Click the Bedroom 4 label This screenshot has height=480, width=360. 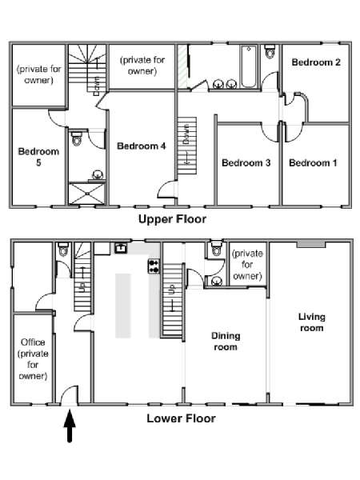pos(142,146)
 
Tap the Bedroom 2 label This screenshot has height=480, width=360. pos(316,62)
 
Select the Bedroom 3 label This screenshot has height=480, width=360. pos(246,163)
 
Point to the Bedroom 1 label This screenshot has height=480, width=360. pos(313,163)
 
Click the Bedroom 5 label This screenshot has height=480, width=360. pos(38,157)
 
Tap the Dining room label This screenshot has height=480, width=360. pos(226,342)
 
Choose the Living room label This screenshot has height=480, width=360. pos(312,322)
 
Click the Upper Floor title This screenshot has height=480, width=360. pos(172,219)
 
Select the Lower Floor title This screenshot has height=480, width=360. pos(182,418)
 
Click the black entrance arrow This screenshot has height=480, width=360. pos(70,426)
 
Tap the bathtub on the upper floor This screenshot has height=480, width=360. pos(249,66)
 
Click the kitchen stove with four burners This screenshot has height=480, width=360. pos(154,266)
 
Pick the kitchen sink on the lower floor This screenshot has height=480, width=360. pos(121,248)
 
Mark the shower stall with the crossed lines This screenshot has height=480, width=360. pos(87,194)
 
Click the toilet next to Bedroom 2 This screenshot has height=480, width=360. pos(270,51)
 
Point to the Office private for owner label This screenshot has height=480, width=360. pos(33,358)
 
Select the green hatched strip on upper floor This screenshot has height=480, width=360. pos(182,67)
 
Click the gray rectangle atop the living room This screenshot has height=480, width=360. pos(311,244)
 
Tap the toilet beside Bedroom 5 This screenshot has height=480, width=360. pos(77,138)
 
